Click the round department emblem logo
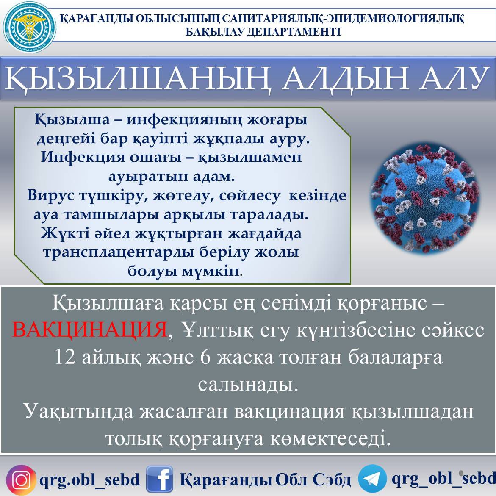[x=29, y=28]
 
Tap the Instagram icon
[x=21, y=480]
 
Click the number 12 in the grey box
[x=65, y=357]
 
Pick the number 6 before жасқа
[x=205, y=357]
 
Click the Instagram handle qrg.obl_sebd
[x=89, y=480]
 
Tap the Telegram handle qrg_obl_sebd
[x=443, y=478]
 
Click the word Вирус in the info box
[x=50, y=195]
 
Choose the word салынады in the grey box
[x=248, y=385]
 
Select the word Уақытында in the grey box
[x=80, y=412]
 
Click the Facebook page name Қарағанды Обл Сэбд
[x=265, y=480]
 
